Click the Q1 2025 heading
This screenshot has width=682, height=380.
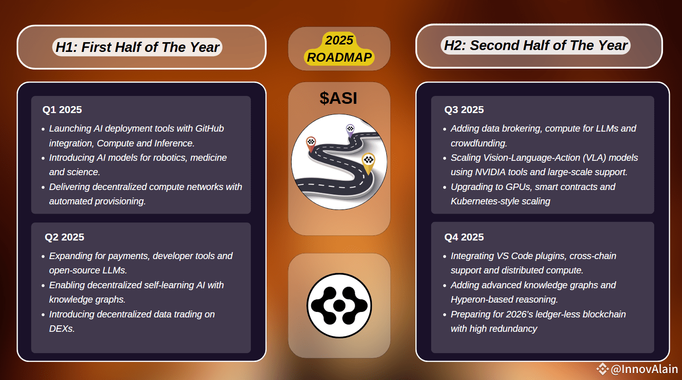pos(62,110)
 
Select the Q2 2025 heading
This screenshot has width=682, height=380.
pos(64,237)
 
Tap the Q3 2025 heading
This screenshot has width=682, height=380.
pos(464,110)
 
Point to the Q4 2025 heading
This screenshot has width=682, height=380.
pos(464,237)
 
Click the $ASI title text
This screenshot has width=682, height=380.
pos(338,98)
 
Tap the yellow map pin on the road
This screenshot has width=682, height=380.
pos(368,161)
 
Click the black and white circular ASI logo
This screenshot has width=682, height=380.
pos(339,305)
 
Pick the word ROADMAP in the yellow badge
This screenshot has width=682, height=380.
pos(339,57)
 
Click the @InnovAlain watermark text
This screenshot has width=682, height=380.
pos(644,369)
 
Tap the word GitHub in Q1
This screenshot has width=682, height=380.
pos(210,128)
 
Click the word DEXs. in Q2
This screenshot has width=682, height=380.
pos(62,329)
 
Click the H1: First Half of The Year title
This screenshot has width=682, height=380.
pos(137,47)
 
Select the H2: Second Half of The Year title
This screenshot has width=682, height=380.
pos(535,45)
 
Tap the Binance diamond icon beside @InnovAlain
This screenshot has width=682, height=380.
pos(602,369)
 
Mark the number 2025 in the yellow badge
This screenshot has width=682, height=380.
pos(339,40)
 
